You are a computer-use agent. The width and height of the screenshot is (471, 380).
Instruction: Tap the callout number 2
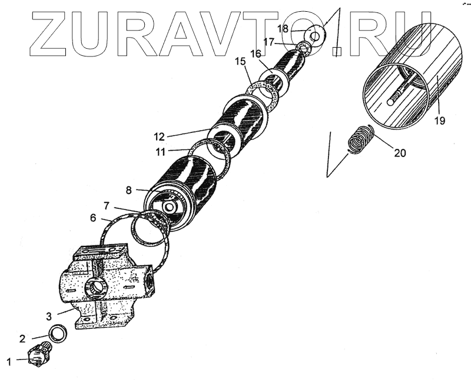click(x=22, y=338)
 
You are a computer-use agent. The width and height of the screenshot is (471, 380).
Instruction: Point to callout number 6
click(x=93, y=217)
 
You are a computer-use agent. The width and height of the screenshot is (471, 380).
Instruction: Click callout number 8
click(x=128, y=190)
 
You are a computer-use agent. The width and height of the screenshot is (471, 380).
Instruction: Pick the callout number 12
click(x=160, y=136)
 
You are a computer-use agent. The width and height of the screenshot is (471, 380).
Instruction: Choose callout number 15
click(x=240, y=61)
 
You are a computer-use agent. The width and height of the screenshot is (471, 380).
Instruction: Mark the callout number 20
click(x=400, y=152)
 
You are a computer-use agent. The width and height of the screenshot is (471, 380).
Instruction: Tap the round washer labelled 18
click(x=317, y=36)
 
